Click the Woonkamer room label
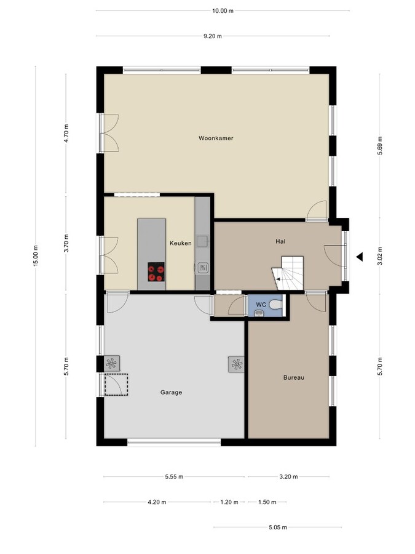(216, 138)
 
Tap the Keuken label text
(181, 243)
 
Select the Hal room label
(280, 241)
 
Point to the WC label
(261, 304)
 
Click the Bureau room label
(294, 377)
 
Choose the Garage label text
(171, 392)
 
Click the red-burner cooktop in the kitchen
(156, 271)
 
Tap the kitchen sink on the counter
(203, 268)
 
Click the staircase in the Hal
(289, 272)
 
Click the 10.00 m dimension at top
(223, 11)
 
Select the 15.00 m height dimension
(36, 255)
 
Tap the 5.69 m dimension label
(380, 145)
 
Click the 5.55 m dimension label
(174, 476)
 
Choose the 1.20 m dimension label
(229, 502)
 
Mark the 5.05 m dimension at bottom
(278, 528)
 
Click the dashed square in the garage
(116, 385)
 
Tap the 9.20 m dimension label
(212, 36)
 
